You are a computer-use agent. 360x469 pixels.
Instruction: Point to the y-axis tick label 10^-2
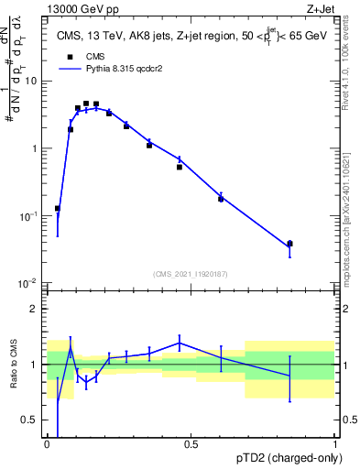tap(27, 283)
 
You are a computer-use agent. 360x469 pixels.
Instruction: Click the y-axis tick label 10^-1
tap(27, 216)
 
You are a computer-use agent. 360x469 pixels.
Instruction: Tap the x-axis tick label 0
tap(47, 444)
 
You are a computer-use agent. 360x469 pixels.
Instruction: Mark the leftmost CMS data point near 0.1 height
tap(58, 209)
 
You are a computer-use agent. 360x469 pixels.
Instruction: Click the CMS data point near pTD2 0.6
tap(221, 199)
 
